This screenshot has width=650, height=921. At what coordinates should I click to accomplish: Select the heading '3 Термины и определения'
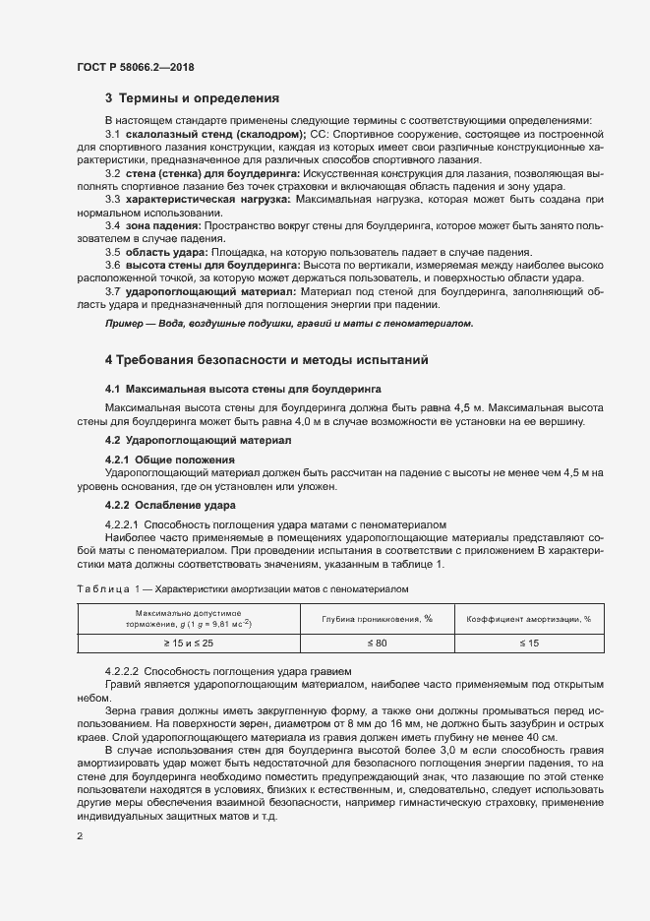click(x=192, y=98)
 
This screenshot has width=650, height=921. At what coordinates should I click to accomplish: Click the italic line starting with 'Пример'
click(x=289, y=323)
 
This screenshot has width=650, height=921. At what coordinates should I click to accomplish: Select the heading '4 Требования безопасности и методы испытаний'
click(x=266, y=359)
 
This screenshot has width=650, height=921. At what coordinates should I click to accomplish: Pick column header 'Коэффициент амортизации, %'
click(x=528, y=619)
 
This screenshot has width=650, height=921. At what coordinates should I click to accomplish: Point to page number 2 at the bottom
click(x=80, y=836)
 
